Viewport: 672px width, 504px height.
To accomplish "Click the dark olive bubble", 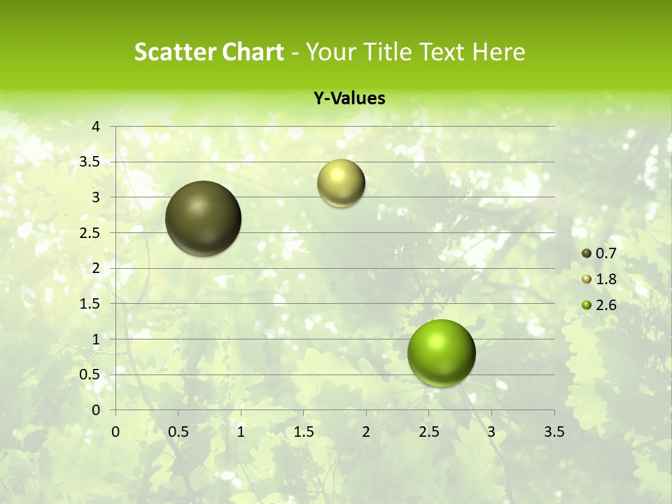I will tap(203, 218).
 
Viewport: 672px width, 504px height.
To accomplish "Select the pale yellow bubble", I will tap(341, 183).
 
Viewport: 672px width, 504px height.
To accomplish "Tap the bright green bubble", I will tap(441, 352).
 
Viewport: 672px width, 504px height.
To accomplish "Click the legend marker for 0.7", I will tap(587, 253).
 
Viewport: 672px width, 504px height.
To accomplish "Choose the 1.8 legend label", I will tap(605, 279).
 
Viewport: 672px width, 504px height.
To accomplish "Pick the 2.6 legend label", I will tap(605, 304).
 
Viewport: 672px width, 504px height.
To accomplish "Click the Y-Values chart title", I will tap(349, 99).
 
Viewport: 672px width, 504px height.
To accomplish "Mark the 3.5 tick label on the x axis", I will tap(554, 432).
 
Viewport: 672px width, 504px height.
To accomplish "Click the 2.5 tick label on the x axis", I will tap(428, 432).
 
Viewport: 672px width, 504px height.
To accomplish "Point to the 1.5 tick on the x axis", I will tap(304, 432).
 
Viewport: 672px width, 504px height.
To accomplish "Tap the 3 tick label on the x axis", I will tap(491, 432).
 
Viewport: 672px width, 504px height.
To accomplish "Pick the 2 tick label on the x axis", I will tap(366, 432).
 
